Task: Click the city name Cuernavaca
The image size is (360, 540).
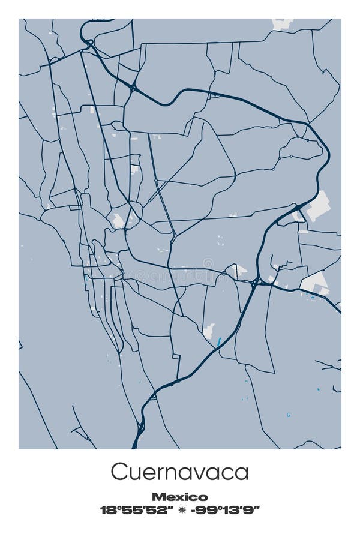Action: pyautogui.click(x=179, y=472)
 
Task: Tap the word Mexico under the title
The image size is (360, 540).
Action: pyautogui.click(x=179, y=497)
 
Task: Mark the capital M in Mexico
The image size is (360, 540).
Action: pyautogui.click(x=158, y=497)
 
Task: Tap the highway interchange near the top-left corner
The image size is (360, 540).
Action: pyautogui.click(x=89, y=43)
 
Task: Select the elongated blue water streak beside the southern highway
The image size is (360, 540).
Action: pyautogui.click(x=219, y=342)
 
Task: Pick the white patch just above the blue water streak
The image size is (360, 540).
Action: pyautogui.click(x=209, y=331)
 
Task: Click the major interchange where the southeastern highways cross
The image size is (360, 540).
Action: pyautogui.click(x=257, y=280)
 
